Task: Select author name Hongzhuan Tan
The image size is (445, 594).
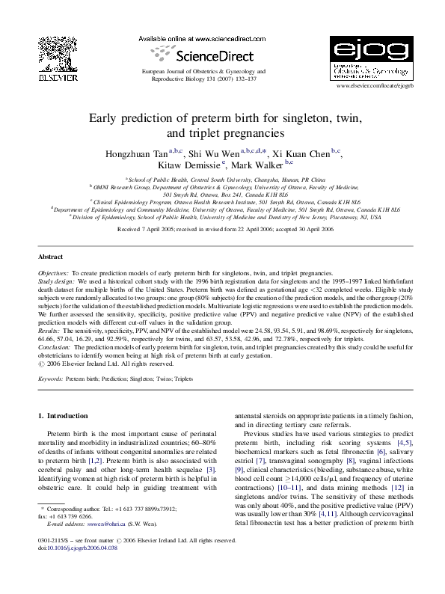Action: (x=141, y=153)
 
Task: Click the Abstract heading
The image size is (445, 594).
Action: (x=50, y=256)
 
